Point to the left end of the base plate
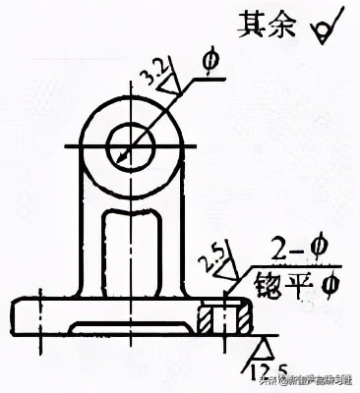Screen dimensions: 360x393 click(x=15, y=316)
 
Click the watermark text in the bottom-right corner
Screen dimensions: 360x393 click(x=317, y=381)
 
